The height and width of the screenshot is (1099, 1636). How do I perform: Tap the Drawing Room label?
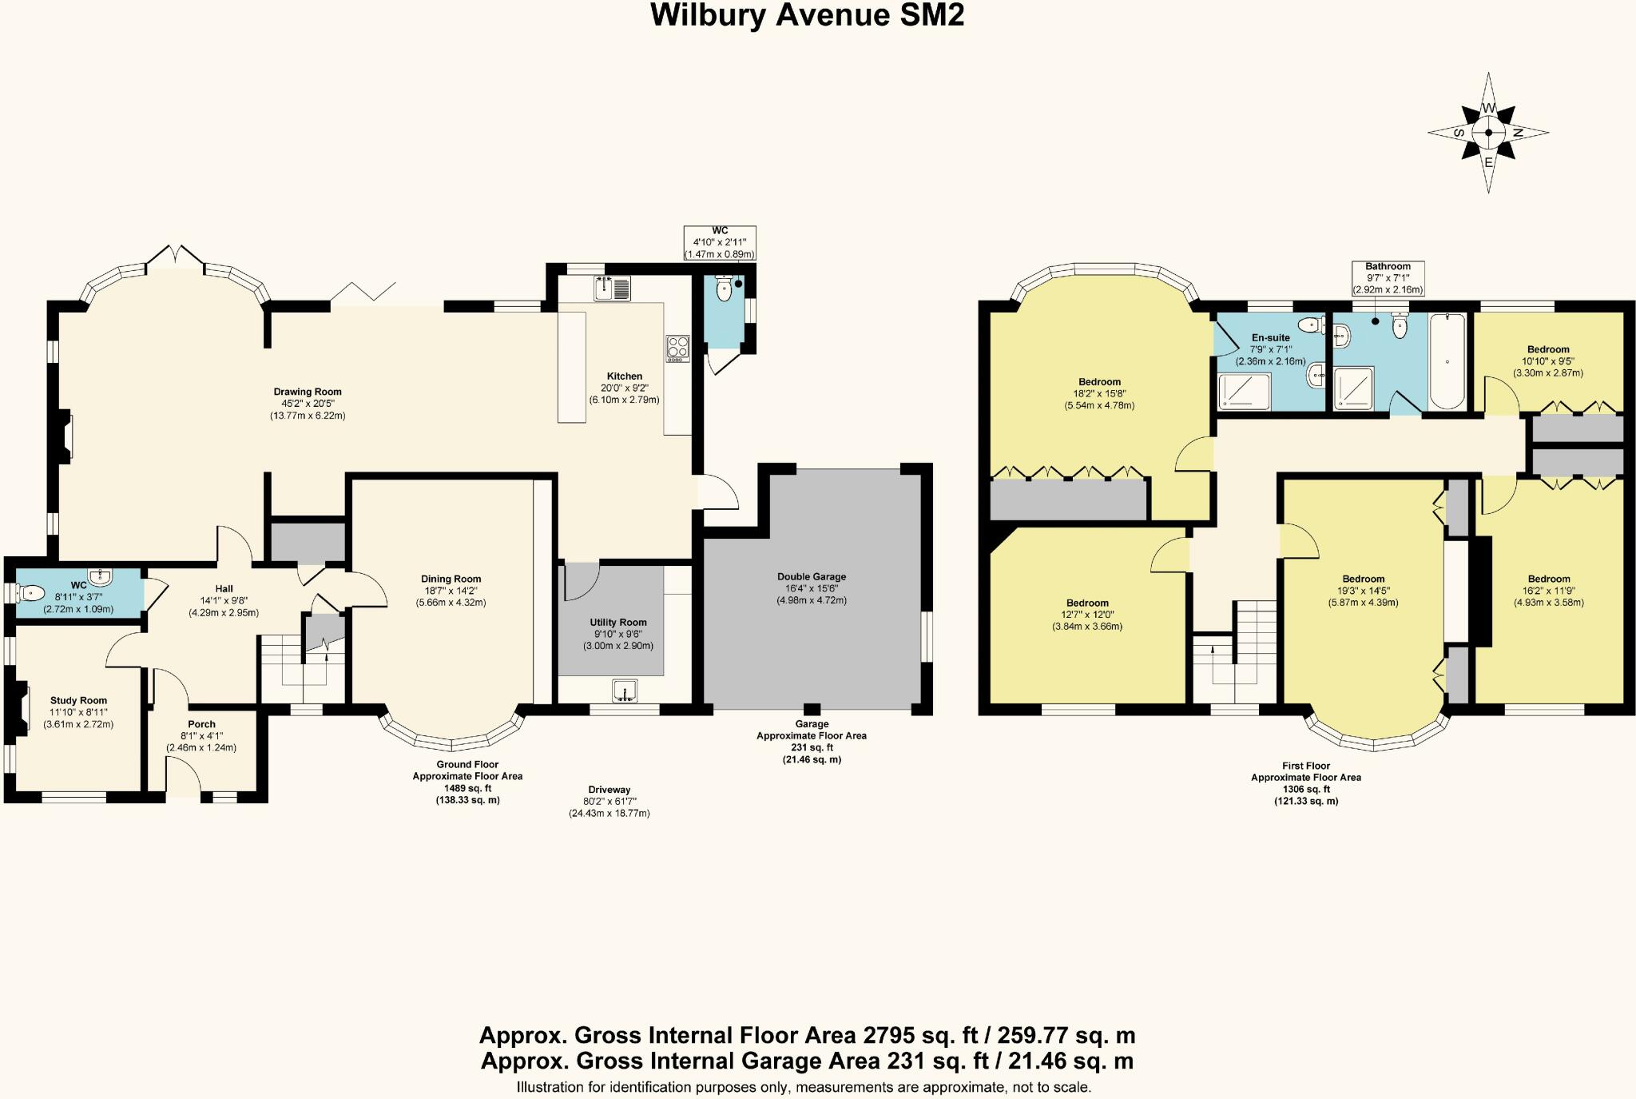tap(308, 392)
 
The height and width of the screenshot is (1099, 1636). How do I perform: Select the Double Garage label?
tap(812, 576)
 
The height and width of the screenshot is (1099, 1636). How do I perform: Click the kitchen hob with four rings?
tap(677, 348)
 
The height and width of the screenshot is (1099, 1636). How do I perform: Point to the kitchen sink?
tap(613, 288)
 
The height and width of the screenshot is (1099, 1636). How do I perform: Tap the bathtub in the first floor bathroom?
tap(1447, 361)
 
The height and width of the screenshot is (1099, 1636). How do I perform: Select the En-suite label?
tap(1270, 337)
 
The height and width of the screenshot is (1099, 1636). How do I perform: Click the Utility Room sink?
tap(625, 691)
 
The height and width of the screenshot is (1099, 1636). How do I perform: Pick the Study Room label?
tap(78, 700)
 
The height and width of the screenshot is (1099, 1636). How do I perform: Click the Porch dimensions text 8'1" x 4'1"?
tap(201, 736)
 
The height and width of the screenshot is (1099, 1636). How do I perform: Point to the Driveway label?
tap(610, 790)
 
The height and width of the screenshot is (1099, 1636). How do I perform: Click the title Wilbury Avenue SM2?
tap(808, 16)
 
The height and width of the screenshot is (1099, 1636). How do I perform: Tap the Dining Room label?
tap(451, 579)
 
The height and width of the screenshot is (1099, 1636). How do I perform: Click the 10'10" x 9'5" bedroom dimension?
tap(1548, 361)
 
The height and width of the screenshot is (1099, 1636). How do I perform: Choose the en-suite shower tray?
tap(1243, 391)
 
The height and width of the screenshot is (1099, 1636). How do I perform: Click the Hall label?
tap(224, 589)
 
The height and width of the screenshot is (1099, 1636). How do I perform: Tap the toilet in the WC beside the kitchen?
tap(725, 290)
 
